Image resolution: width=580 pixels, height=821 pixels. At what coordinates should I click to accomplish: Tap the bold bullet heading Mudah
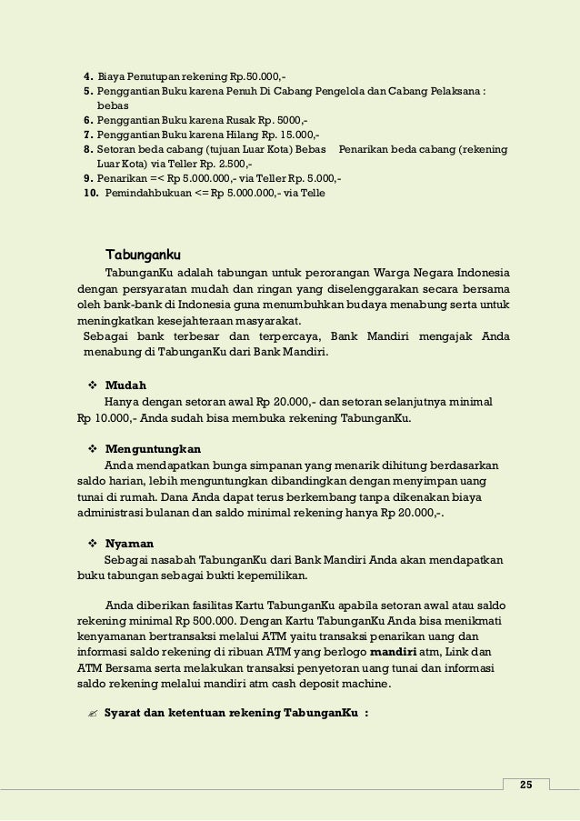point(125,384)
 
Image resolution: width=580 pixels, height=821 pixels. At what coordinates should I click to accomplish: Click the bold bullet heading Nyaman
point(128,542)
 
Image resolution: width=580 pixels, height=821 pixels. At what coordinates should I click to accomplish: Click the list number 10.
point(91,193)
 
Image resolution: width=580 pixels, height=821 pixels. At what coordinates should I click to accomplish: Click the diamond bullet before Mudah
point(92,384)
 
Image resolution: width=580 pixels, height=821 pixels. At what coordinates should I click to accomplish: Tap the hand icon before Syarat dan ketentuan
point(91,713)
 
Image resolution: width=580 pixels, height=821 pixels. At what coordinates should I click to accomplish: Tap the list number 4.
point(87,75)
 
